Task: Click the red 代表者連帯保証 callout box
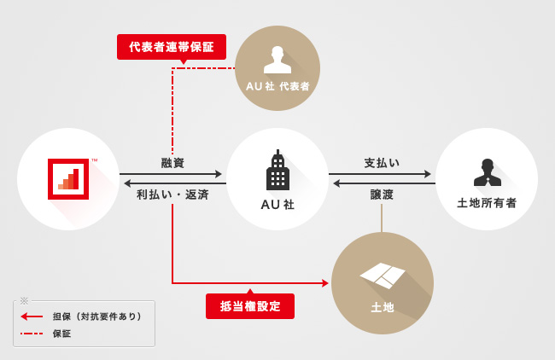pos(172,47)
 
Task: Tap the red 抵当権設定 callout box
pos(250,306)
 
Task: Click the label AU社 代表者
pos(277,86)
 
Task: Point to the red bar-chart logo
pos(68,178)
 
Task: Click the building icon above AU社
pos(277,171)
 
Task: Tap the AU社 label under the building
pos(277,205)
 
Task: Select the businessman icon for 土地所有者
pos(487,172)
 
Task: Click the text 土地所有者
pos(487,203)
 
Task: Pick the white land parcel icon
pos(383,275)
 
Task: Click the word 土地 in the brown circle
pos(383,307)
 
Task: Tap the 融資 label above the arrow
pos(172,162)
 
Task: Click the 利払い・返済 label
pos(172,195)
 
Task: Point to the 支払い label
pos(382,162)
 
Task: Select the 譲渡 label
pos(382,195)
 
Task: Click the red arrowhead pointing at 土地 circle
pos(325,283)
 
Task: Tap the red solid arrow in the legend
pos(32,316)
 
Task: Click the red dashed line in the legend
pos(32,334)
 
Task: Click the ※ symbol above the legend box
pos(24,300)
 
